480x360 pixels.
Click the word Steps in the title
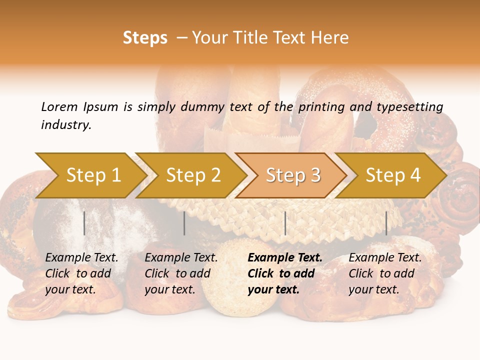tap(145, 38)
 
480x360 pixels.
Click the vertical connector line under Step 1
tap(84, 223)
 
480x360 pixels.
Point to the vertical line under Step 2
tap(184, 223)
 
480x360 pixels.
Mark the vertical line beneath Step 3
tap(285, 223)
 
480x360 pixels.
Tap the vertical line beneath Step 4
tap(386, 223)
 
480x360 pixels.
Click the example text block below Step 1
tap(81, 273)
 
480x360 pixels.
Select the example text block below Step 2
tap(181, 273)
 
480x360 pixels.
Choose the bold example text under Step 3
tap(284, 273)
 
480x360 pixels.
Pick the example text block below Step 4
tap(385, 273)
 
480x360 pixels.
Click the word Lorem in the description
tap(59, 107)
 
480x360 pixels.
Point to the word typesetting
tap(409, 107)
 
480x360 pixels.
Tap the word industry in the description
tap(66, 125)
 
